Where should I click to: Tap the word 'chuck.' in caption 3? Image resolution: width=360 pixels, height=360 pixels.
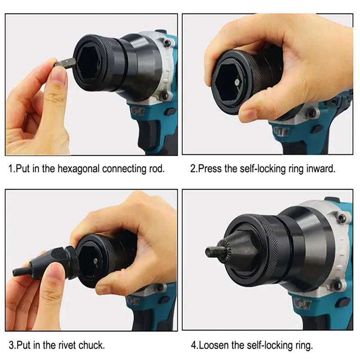point(91,345)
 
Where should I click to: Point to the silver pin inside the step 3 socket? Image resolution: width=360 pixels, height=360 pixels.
point(95,261)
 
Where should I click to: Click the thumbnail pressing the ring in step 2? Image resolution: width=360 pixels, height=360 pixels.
point(247,114)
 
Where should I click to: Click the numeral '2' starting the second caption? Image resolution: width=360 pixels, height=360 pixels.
point(193,169)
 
